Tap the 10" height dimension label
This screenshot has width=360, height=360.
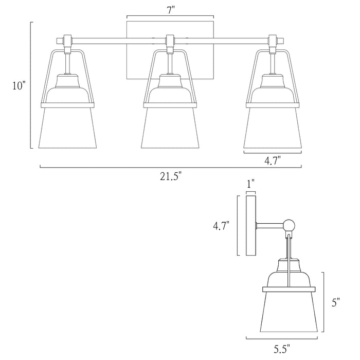point(19,86)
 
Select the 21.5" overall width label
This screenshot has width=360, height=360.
point(170,176)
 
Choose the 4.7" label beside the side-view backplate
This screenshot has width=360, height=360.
point(221,225)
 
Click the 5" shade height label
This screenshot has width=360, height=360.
point(336,303)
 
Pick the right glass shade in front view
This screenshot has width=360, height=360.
point(272,128)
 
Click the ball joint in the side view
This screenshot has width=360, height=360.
point(289,225)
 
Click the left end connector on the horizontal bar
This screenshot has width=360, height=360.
point(67,40)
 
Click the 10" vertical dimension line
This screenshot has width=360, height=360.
point(31,86)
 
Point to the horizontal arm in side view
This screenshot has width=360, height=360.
point(269,225)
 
